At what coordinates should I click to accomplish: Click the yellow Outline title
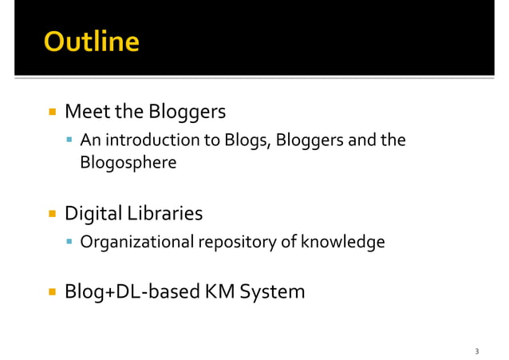click(91, 42)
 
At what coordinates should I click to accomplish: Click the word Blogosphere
click(128, 163)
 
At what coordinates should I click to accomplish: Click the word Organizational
click(135, 241)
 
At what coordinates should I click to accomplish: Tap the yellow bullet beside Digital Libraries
click(52, 215)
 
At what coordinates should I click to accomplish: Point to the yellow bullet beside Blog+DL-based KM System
click(52, 292)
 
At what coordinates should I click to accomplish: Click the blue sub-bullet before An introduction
click(71, 142)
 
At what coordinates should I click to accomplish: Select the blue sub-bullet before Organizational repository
click(71, 241)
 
